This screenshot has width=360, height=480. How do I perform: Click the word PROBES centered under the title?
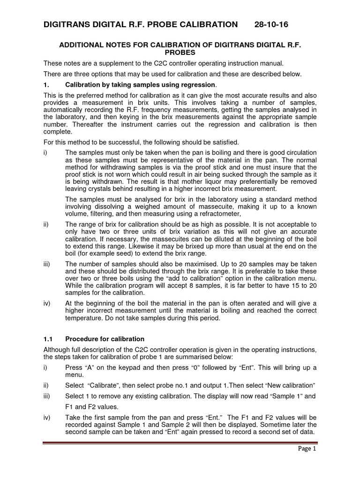tap(180, 53)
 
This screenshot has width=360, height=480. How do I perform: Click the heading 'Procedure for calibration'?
tap(105, 339)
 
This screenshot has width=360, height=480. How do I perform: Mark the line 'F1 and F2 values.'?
tap(92, 406)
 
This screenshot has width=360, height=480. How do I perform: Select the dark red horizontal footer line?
tap(180, 442)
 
